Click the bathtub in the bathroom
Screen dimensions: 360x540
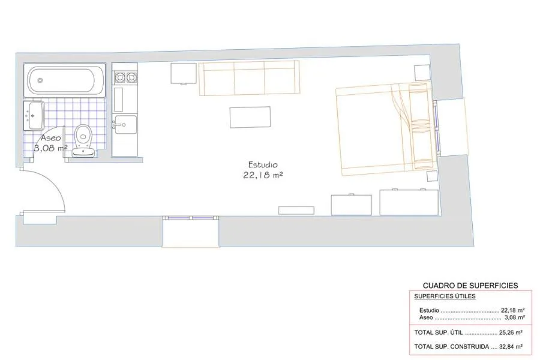[65, 80]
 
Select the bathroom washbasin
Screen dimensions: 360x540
[34, 115]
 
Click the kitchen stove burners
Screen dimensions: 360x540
[125, 77]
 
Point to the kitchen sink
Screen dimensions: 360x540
[125, 124]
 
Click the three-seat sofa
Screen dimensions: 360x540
[249, 78]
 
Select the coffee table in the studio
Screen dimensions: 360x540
[250, 117]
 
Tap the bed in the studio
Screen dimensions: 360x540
[384, 129]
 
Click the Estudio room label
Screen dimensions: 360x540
[263, 164]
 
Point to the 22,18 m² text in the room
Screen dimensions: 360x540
[263, 175]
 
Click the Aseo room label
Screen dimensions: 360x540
[51, 137]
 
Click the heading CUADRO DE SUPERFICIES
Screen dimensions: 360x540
[470, 286]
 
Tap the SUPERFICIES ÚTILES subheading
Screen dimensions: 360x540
[445, 296]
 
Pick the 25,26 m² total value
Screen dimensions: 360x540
[511, 332]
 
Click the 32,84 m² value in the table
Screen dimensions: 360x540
[511, 346]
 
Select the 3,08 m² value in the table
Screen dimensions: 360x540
[515, 317]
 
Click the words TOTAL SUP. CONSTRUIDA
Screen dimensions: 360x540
[451, 346]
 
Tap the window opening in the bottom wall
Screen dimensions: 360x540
[191, 232]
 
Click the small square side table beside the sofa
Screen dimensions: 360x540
[184, 74]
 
